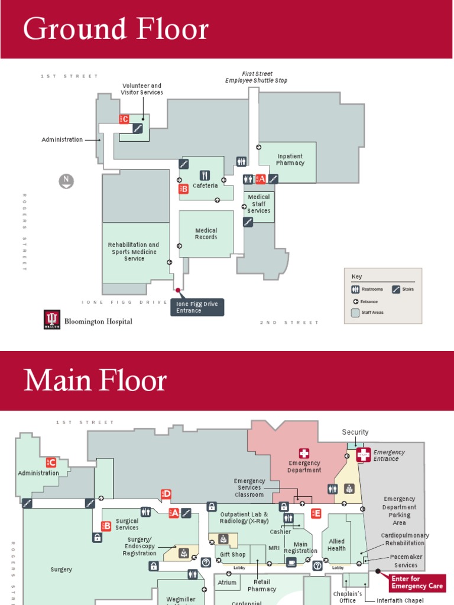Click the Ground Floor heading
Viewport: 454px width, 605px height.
[x=116, y=29]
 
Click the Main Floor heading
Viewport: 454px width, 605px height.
[x=95, y=381]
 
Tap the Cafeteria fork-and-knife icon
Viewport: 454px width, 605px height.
[x=205, y=175]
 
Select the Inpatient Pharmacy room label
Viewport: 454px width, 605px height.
[x=290, y=160]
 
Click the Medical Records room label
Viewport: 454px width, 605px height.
[x=206, y=234]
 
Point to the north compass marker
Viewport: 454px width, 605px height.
[x=67, y=181]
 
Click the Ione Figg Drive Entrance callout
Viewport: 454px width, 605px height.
[x=197, y=307]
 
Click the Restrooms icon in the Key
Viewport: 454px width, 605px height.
[x=355, y=290]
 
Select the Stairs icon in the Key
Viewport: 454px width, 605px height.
[x=396, y=290]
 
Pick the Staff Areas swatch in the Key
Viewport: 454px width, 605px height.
[x=355, y=313]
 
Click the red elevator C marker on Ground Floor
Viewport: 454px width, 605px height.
[x=124, y=119]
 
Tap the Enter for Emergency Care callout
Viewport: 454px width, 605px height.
[x=416, y=583]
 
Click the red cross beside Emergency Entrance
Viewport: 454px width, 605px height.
[x=363, y=454]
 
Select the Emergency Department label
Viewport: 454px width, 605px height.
[x=304, y=467]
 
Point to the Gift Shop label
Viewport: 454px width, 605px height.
[x=232, y=555]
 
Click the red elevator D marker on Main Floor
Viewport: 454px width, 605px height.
[x=166, y=494]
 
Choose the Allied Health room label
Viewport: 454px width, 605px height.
[x=337, y=545]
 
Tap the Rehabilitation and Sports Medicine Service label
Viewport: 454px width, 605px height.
[x=134, y=252]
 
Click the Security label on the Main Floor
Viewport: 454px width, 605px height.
[x=355, y=432]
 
